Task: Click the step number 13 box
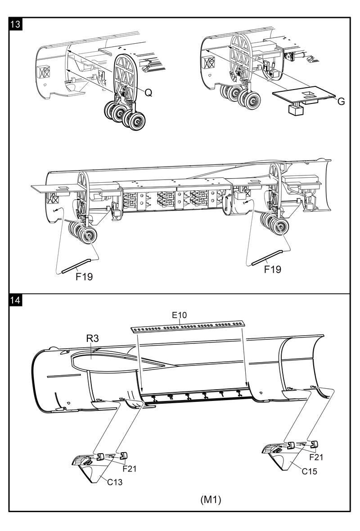tap(15, 24)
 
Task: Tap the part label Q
tap(148, 93)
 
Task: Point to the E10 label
tap(179, 315)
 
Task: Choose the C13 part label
tap(115, 482)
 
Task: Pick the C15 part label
tap(310, 471)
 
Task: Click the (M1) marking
tap(211, 500)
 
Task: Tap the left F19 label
tap(84, 277)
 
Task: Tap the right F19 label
tap(273, 269)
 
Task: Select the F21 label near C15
tap(316, 457)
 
